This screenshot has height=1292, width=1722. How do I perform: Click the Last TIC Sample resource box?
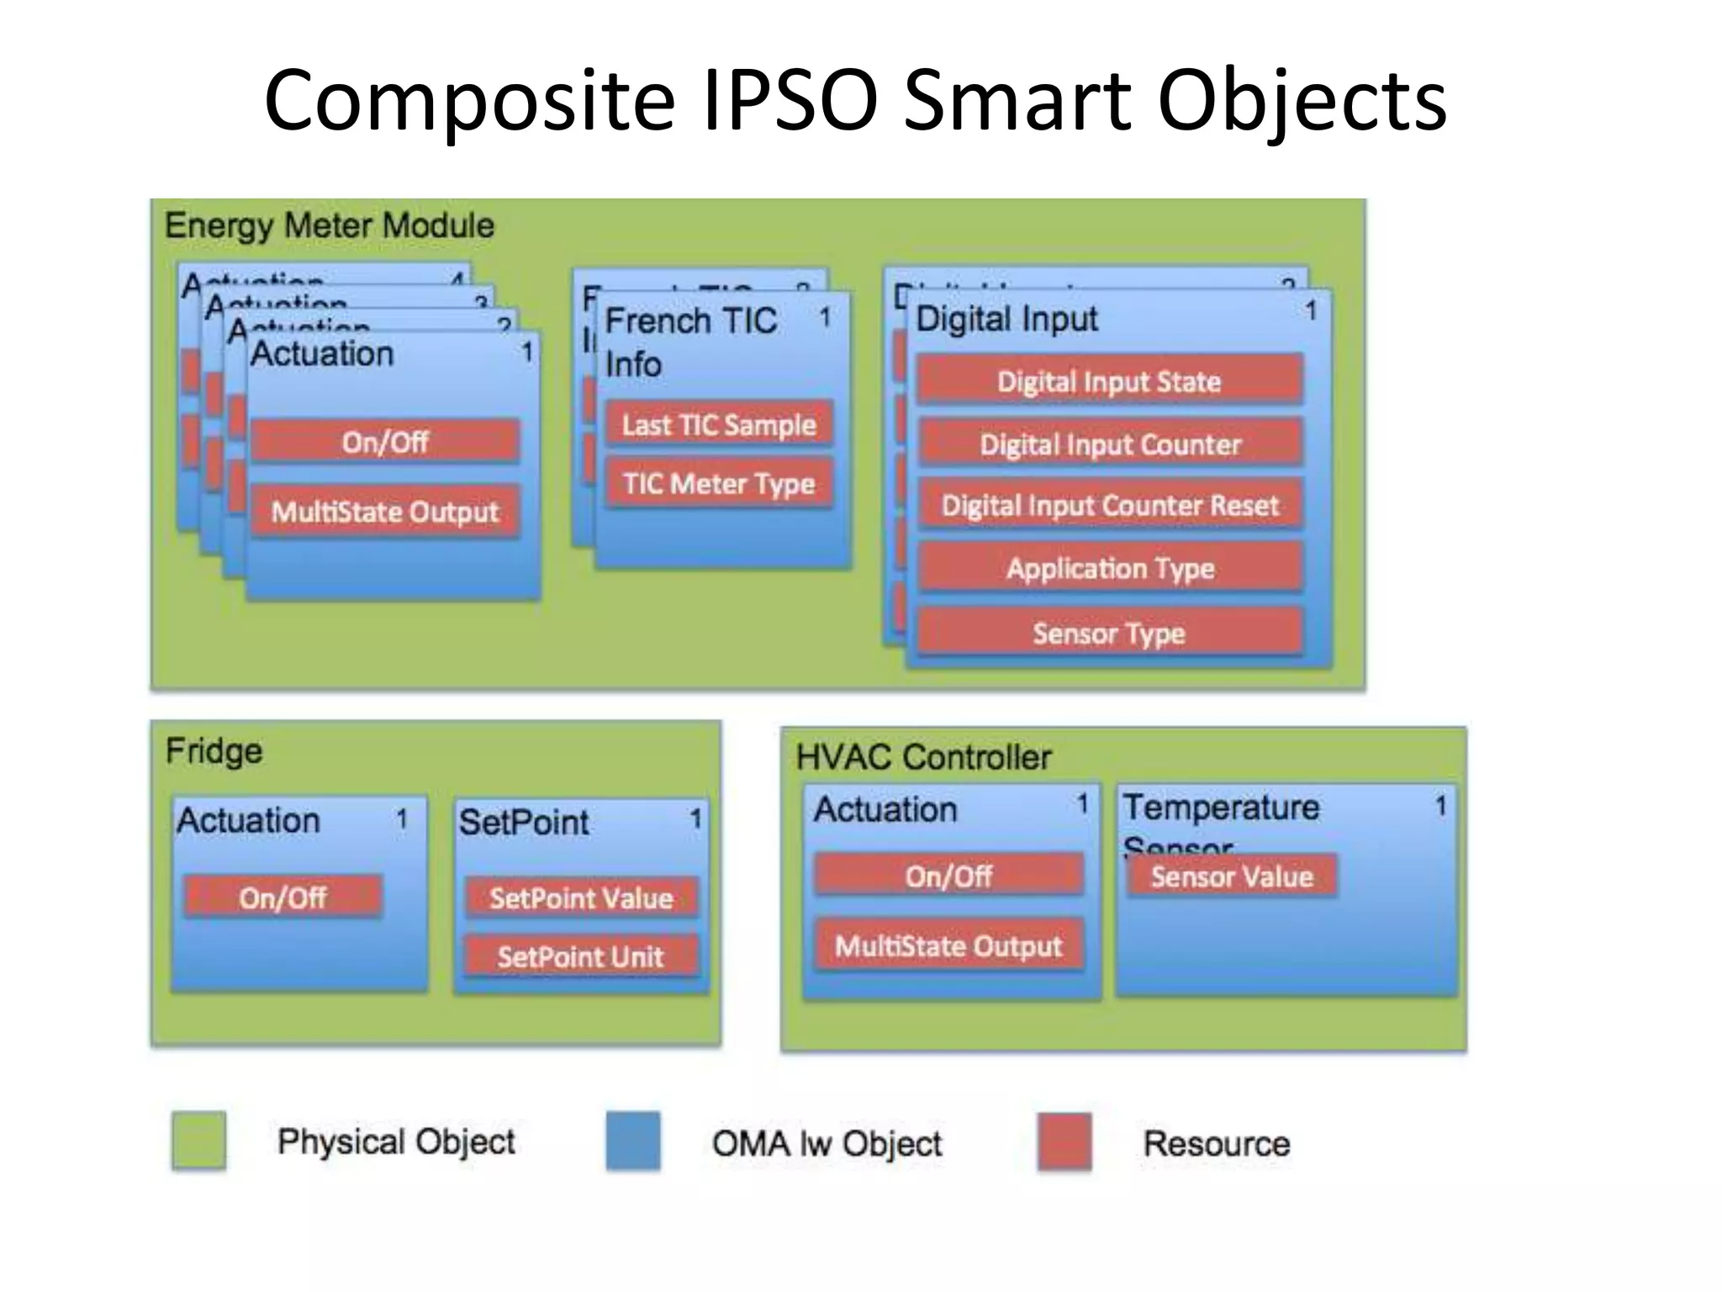719,424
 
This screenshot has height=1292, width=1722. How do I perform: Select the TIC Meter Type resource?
719,483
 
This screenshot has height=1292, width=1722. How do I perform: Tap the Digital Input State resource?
1109,381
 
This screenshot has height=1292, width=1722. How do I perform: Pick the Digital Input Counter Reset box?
1109,505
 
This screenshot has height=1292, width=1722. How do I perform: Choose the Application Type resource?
1109,569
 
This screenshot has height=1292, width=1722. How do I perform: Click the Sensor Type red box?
1109,633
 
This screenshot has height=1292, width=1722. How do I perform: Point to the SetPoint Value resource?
581,898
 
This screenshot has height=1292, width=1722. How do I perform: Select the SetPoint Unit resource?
581,956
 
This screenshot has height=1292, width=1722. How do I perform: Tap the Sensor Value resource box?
1231,876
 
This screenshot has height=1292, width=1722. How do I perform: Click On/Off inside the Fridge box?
283,897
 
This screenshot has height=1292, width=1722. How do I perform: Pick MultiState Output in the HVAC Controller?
948,945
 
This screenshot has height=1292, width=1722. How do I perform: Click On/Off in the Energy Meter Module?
385,441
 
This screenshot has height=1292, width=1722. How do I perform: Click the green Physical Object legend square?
198,1141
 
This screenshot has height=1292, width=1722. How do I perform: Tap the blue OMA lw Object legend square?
633,1141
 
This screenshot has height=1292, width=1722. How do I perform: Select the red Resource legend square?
1064,1141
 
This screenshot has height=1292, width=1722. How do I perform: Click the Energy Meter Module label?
330,225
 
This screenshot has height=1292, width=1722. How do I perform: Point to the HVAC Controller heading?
923,757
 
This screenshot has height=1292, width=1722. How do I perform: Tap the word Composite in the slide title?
469,100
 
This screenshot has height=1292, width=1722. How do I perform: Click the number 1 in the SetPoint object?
695,818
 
